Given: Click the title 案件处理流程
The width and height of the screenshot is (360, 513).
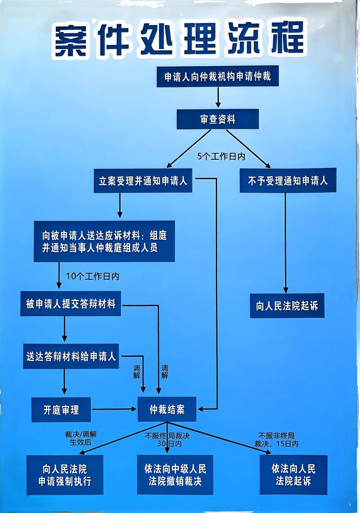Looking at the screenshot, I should coord(179,40).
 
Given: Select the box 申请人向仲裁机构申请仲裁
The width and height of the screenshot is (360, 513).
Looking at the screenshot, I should coord(217,77).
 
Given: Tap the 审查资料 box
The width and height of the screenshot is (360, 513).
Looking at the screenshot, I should coord(217,119).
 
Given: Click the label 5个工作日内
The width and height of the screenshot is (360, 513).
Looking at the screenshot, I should coord(221,157).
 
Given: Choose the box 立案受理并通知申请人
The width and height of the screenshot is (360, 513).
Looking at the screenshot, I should coord(143,181).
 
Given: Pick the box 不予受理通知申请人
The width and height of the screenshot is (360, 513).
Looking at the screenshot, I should coord(288,181).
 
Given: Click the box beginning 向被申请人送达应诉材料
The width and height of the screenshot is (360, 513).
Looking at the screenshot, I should coord(104,241).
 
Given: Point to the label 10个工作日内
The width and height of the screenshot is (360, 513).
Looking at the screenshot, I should coord(92,277).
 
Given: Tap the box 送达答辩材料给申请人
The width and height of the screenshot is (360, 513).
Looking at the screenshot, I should coord(71,357).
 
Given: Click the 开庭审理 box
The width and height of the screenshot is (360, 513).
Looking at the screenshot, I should coord(61,409).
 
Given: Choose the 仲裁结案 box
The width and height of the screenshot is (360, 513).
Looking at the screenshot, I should coord(167,409).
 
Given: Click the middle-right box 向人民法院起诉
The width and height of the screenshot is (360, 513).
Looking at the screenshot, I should coord(287,306).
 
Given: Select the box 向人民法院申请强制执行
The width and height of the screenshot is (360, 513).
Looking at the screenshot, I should coord(65,475).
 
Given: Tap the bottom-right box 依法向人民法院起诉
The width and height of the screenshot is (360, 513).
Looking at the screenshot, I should coord(293,475).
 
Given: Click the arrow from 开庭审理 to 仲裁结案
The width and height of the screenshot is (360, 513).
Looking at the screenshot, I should coord(114,409).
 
